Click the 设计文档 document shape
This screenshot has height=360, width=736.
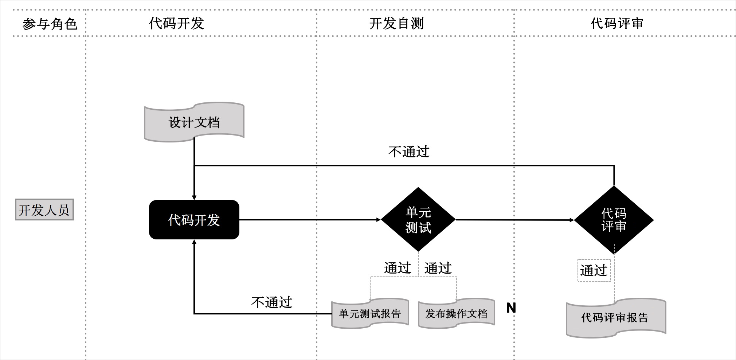pos(194,122)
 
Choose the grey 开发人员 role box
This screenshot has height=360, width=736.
pos(44,210)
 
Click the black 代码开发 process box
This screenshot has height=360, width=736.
pos(194,220)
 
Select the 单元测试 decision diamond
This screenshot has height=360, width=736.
pos(418,220)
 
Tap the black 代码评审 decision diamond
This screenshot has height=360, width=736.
pos(614,220)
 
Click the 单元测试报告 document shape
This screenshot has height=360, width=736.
pos(370,314)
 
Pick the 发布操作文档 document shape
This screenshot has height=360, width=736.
pos(456,314)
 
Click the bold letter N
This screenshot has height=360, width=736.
pos(511,308)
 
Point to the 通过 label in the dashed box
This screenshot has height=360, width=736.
pos(594,270)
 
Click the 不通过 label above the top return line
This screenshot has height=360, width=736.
pos(409,152)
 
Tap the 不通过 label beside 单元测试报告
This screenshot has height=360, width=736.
pos(272,302)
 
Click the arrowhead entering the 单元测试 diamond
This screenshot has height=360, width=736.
pos(378,220)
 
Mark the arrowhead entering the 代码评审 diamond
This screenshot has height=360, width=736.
pos(571,220)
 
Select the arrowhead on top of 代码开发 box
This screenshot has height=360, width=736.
pos(194,197)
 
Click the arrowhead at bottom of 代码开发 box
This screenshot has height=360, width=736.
pos(194,242)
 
